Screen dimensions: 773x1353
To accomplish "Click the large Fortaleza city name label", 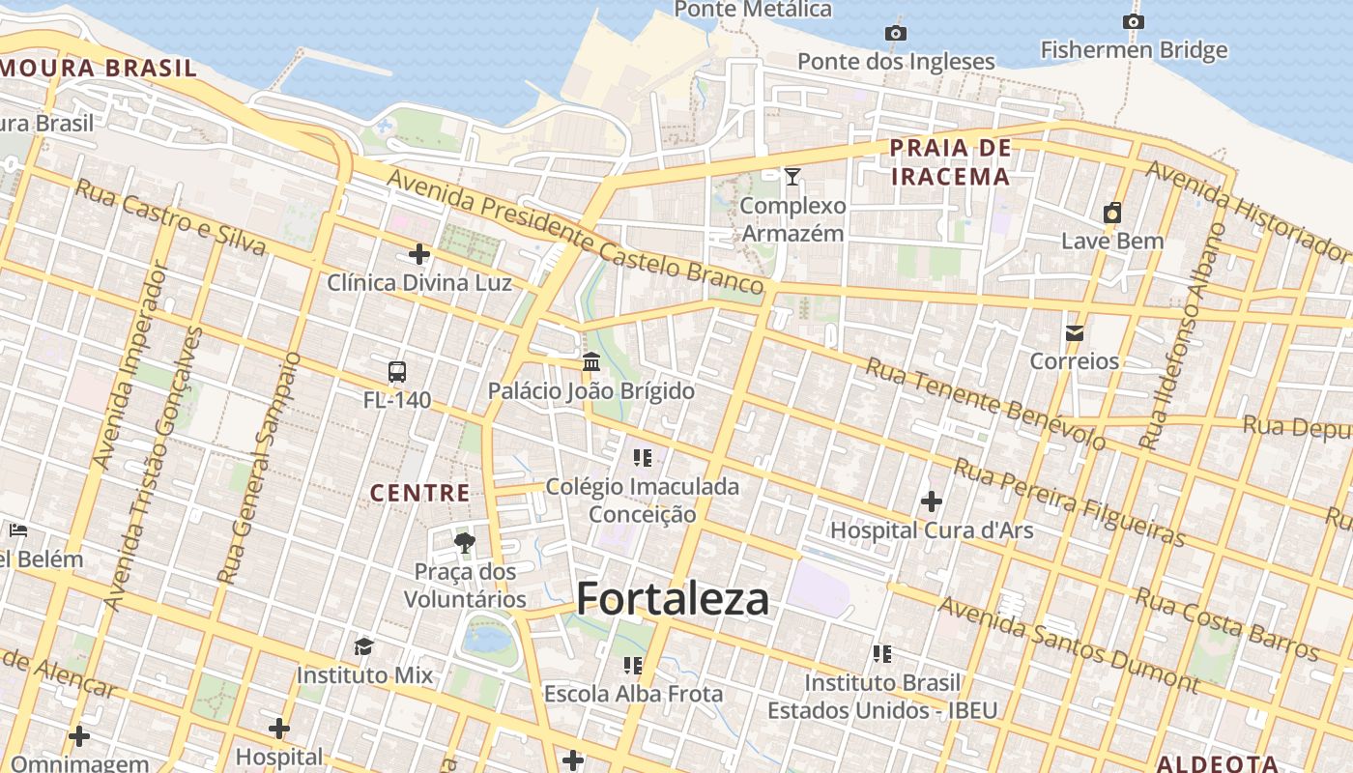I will [x=673, y=599].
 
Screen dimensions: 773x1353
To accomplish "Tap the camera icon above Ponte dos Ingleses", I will [x=896, y=34].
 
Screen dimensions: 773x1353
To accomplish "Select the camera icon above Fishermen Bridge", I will [x=1134, y=21].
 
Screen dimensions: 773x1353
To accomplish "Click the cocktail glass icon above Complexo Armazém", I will [x=792, y=176].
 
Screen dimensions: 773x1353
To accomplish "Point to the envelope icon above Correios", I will [x=1074, y=333].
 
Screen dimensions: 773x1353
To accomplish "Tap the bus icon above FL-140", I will [x=396, y=371].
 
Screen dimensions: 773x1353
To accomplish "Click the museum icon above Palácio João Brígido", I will [x=591, y=362].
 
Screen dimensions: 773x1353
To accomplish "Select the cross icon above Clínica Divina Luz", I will [x=419, y=254].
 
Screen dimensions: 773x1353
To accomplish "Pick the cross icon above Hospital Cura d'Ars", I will [x=932, y=501].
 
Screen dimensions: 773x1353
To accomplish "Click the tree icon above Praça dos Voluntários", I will [x=465, y=543].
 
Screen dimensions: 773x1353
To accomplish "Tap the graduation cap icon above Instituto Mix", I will [x=364, y=645].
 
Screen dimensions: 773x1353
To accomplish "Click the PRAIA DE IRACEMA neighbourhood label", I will [x=950, y=162].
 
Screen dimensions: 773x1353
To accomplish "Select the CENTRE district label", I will [x=420, y=494].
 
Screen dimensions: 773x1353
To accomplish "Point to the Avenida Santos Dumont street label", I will [x=1068, y=644].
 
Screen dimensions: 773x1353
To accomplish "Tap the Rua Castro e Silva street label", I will [x=170, y=217].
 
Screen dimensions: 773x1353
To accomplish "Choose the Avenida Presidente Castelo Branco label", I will [x=576, y=231].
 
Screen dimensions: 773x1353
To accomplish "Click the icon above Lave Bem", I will [x=1112, y=213].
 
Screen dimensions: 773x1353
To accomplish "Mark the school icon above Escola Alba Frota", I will [x=633, y=665].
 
